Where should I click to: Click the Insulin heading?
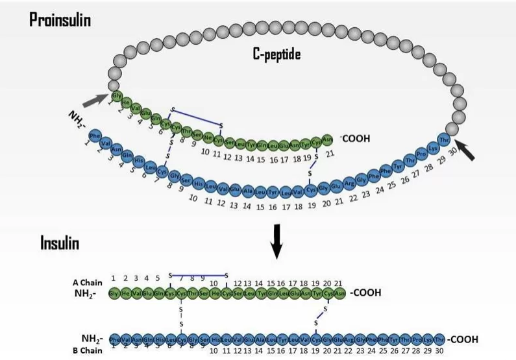(x=60, y=243)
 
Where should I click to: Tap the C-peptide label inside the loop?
(x=276, y=55)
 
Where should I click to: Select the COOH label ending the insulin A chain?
(x=365, y=293)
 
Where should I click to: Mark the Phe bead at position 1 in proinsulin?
(x=95, y=136)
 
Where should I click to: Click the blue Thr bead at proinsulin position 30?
(x=445, y=140)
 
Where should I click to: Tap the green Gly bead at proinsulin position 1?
(x=117, y=97)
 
